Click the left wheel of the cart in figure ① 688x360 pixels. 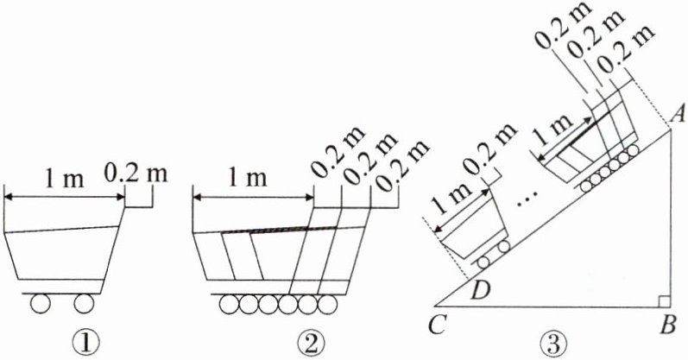(41, 304)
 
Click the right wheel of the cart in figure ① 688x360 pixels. (84, 304)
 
